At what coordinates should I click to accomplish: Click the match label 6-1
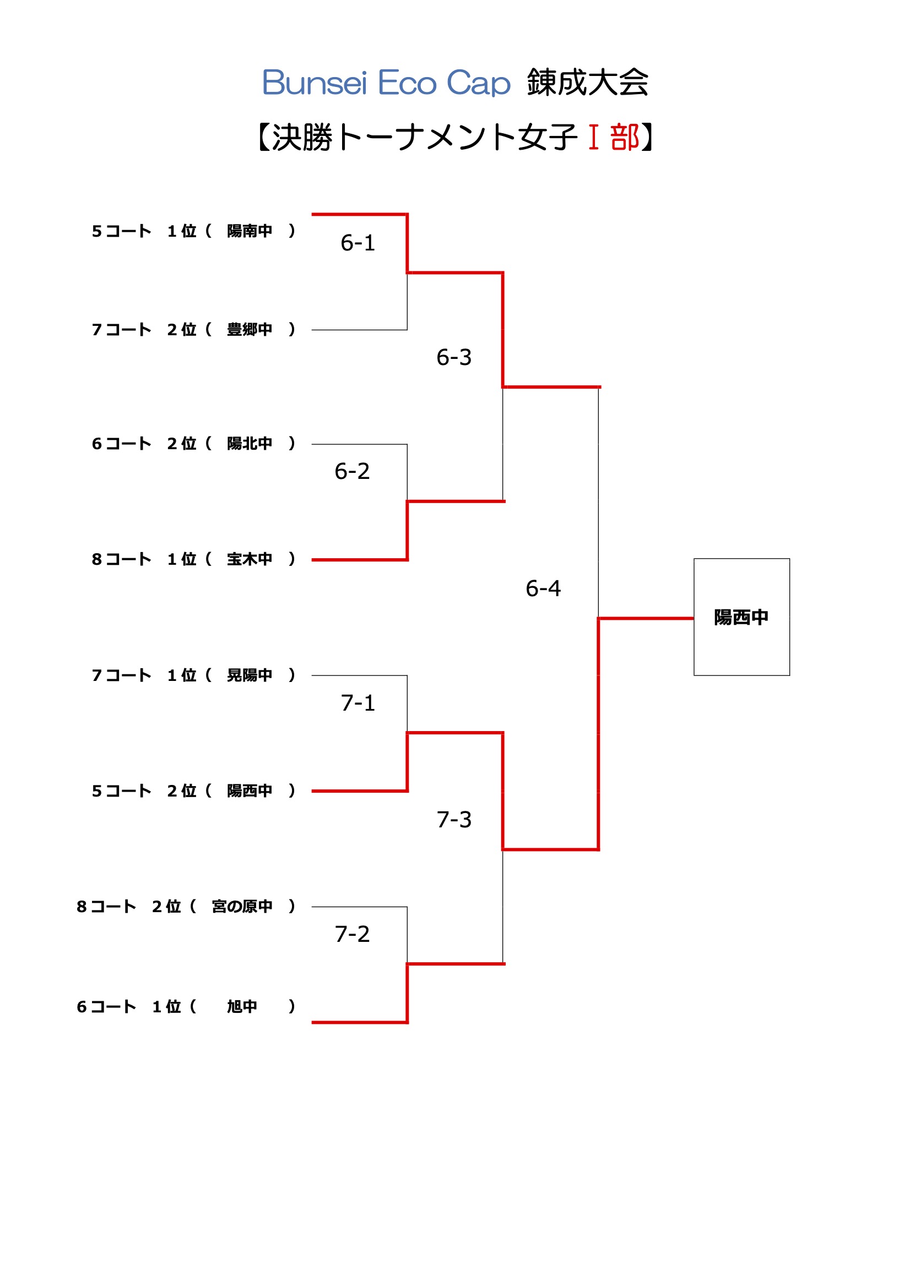point(357,243)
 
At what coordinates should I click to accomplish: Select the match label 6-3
point(454,357)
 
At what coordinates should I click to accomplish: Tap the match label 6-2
point(352,471)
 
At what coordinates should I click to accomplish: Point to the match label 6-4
point(543,588)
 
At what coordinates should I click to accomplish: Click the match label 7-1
point(357,703)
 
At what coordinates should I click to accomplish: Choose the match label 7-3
point(454,820)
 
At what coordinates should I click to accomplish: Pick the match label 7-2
point(352,934)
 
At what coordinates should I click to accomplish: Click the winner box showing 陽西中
point(741,617)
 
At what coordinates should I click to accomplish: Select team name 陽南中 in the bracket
point(250,231)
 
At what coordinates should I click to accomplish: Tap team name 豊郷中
point(250,330)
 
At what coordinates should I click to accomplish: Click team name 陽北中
point(250,443)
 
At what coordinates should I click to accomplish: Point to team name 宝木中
point(250,559)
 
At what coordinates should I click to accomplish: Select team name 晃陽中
point(250,675)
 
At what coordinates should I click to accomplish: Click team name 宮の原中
point(242,907)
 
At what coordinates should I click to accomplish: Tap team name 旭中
point(242,1007)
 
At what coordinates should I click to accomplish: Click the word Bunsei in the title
point(314,83)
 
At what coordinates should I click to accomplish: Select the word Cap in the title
point(478,83)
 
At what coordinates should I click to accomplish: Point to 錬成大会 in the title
point(587,83)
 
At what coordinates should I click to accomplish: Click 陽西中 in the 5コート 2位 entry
point(250,790)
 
